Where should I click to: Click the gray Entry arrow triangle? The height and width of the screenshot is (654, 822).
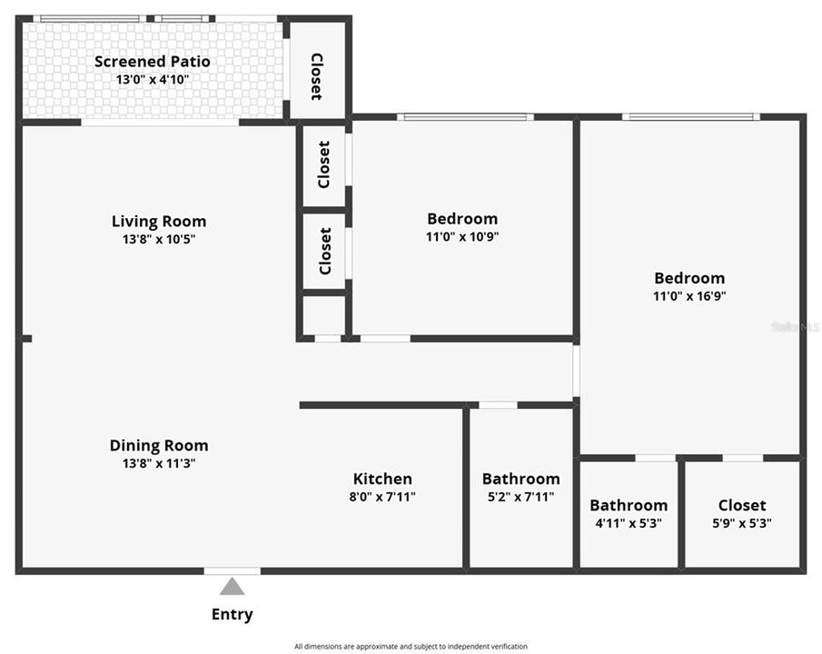[232, 587]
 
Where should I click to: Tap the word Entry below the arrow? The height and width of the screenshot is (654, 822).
[233, 614]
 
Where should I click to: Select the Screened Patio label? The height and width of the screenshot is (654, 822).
[153, 62]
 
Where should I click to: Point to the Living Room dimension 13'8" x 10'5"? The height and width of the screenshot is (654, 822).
[159, 239]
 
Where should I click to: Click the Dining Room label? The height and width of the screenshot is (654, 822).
[159, 445]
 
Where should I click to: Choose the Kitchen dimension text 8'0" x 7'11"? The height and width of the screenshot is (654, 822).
[382, 496]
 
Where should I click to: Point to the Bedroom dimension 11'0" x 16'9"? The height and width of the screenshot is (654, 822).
[689, 296]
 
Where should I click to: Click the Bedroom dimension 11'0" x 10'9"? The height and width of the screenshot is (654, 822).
[462, 236]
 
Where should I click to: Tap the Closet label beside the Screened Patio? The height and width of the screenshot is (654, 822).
[317, 76]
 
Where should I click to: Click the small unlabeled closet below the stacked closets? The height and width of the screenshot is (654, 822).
[324, 316]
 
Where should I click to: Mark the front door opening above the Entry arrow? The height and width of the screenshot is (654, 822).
[233, 571]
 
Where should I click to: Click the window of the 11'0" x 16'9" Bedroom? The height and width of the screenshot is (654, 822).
[691, 117]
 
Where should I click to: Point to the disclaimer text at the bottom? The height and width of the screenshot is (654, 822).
[411, 647]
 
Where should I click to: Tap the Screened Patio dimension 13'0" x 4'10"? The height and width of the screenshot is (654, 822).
[153, 80]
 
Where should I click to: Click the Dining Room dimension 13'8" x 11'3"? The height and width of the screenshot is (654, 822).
[159, 463]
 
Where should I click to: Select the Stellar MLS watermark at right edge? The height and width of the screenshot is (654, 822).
[796, 327]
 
